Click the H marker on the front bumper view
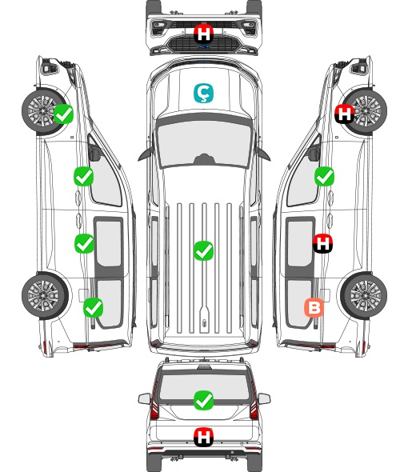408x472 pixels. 203,34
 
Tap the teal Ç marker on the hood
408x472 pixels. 203,94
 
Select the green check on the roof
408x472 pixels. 203,250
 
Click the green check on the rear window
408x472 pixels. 203,400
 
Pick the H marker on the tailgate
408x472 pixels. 203,437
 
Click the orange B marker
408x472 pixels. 314,308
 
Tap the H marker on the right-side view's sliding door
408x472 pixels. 322,243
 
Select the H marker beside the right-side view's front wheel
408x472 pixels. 345,114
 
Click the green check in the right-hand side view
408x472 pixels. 324,176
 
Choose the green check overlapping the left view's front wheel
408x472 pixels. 63,114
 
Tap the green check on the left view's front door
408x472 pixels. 83,176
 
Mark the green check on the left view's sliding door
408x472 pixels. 84,243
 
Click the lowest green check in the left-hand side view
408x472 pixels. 94,308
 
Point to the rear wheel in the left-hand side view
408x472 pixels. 45,295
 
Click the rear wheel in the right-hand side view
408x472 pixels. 364,295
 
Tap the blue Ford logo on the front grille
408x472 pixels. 203,46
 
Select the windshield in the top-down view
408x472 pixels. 204,143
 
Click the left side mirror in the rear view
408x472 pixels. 144,398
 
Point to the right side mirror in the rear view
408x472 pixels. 264,398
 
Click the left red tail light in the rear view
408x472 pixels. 154,402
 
